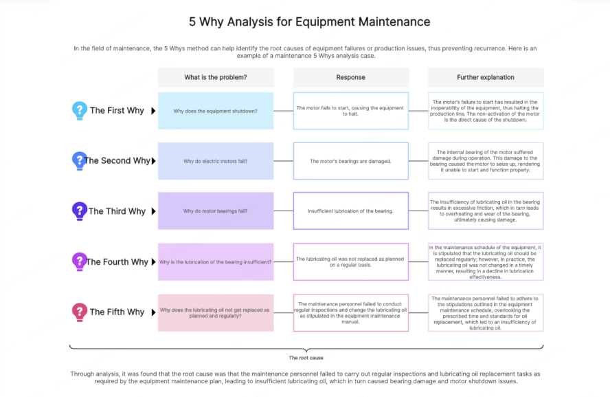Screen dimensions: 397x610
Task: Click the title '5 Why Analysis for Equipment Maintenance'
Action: pyautogui.click(x=309, y=21)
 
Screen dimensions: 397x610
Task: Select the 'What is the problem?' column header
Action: pyautogui.click(x=216, y=77)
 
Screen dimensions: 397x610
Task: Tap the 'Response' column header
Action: pyautogui.click(x=350, y=77)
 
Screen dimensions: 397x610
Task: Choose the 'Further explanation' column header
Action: pyautogui.click(x=486, y=77)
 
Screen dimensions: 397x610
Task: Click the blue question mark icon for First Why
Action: pyautogui.click(x=80, y=110)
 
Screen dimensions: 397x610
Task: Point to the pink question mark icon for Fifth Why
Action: pyautogui.click(x=80, y=312)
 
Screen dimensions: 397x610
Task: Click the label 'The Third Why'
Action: pyautogui.click(x=117, y=211)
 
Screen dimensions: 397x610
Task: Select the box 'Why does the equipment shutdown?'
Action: pyautogui.click(x=216, y=111)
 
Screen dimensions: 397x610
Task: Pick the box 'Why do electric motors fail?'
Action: pyautogui.click(x=216, y=161)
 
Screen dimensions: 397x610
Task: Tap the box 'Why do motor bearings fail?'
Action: pyautogui.click(x=216, y=211)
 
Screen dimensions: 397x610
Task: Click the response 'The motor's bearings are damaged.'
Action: pyautogui.click(x=350, y=161)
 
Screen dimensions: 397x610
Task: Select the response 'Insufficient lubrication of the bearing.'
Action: pyautogui.click(x=350, y=211)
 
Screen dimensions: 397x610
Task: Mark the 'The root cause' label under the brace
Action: pyautogui.click(x=306, y=358)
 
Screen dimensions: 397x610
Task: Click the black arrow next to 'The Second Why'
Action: pyautogui.click(x=153, y=161)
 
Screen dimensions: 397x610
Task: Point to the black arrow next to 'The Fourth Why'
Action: pyautogui.click(x=153, y=262)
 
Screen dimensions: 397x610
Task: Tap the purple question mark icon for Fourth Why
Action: pyautogui.click(x=80, y=261)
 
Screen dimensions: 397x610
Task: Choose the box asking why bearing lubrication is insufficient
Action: pyautogui.click(x=216, y=262)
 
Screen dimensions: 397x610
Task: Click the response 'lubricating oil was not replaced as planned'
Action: pyautogui.click(x=350, y=262)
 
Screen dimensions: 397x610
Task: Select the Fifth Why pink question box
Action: pyautogui.click(x=216, y=312)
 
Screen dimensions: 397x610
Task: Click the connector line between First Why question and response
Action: pyautogui.click(x=283, y=111)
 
